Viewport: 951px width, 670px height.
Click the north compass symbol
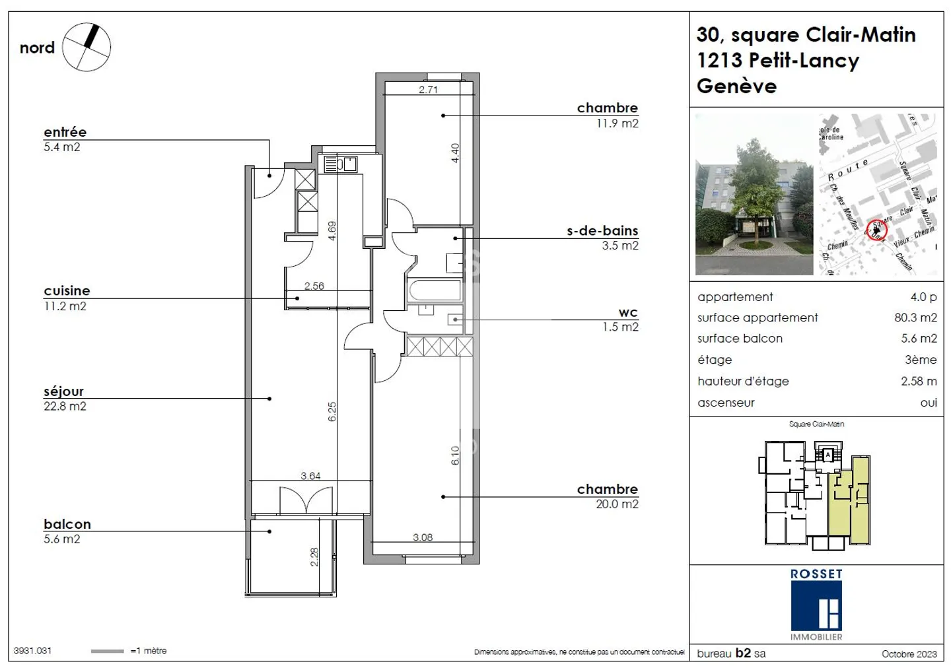point(87,47)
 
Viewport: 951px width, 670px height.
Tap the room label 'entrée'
point(65,132)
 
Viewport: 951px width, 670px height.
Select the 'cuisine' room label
point(67,290)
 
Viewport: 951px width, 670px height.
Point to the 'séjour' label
point(63,391)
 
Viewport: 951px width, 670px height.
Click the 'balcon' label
point(67,524)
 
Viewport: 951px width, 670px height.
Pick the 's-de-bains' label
point(602,231)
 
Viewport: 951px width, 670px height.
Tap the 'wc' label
point(627,312)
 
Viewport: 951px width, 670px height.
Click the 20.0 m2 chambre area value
point(617,504)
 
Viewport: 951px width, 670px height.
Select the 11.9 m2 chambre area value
point(617,123)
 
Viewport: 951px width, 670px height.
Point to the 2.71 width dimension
point(428,90)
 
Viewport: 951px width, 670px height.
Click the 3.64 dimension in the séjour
point(310,476)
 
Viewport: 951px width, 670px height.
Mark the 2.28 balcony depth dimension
point(315,556)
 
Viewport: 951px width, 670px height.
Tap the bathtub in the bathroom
point(435,290)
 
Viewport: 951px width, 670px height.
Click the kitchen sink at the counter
point(347,163)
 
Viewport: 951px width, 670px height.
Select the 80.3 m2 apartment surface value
point(915,318)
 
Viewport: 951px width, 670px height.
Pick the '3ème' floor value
point(921,360)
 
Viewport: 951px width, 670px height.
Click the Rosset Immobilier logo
point(816,605)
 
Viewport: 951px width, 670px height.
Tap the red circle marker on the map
point(877,229)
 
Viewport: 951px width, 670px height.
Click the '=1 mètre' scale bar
point(107,651)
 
